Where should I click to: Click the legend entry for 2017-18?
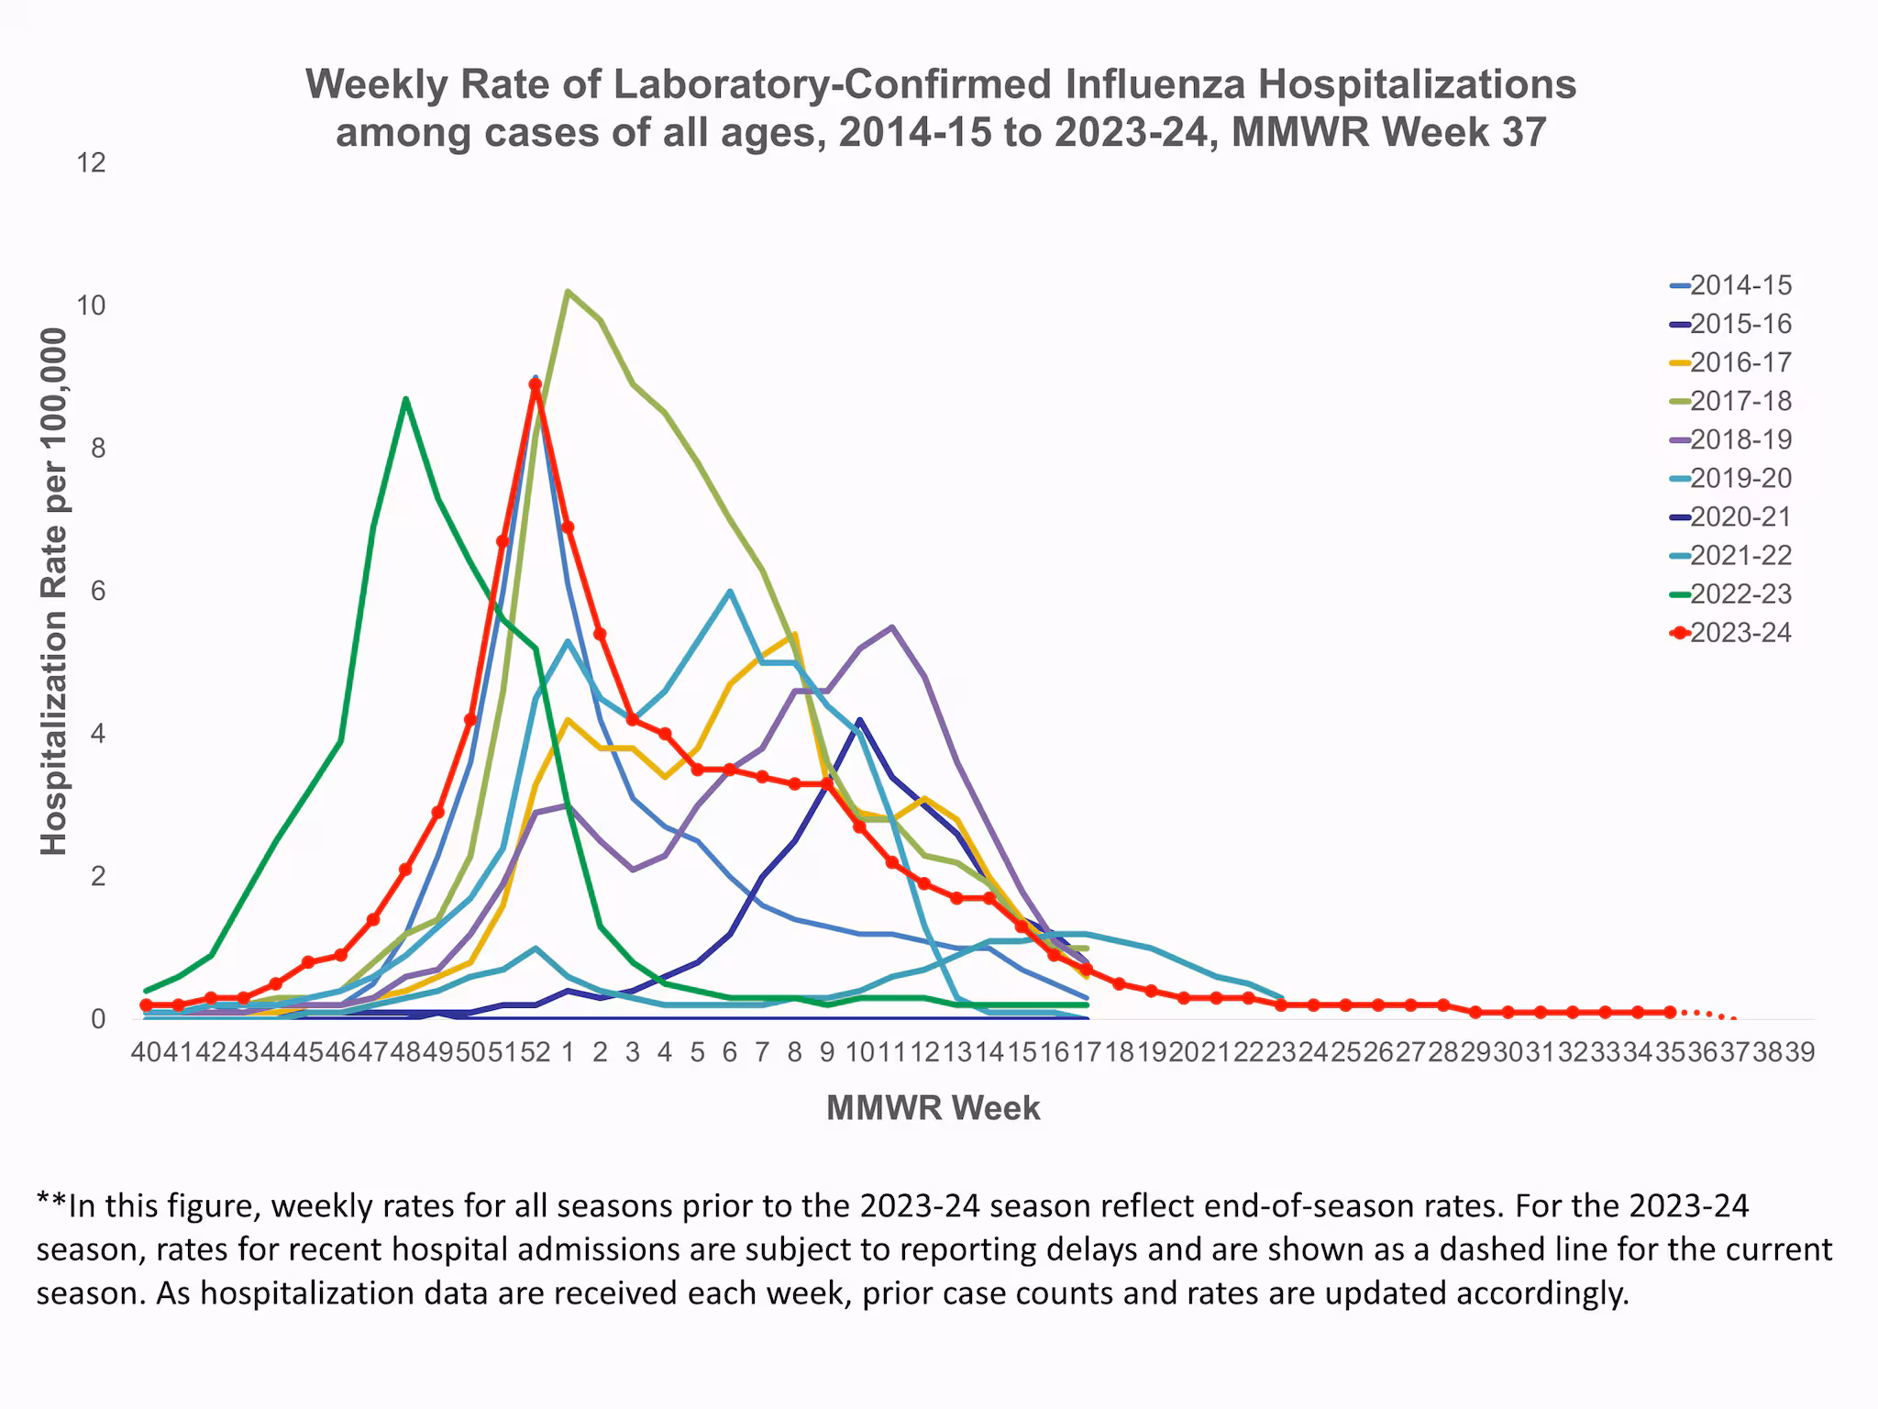click(x=1740, y=401)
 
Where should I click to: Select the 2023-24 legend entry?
click(x=1740, y=633)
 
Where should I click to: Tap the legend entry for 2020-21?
click(x=1740, y=516)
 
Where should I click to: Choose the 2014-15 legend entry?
click(x=1740, y=285)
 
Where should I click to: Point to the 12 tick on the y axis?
click(x=92, y=163)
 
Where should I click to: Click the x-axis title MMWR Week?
click(x=933, y=1108)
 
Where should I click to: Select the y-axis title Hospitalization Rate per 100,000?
click(x=55, y=592)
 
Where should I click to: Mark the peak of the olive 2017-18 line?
click(x=568, y=292)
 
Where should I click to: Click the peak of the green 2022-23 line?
click(x=405, y=399)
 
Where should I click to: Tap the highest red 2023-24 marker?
click(x=536, y=385)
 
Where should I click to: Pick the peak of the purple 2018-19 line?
click(x=891, y=627)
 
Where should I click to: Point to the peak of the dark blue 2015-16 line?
click(x=859, y=720)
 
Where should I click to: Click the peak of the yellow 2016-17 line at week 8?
click(x=794, y=634)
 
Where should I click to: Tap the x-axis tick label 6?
click(x=729, y=1052)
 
